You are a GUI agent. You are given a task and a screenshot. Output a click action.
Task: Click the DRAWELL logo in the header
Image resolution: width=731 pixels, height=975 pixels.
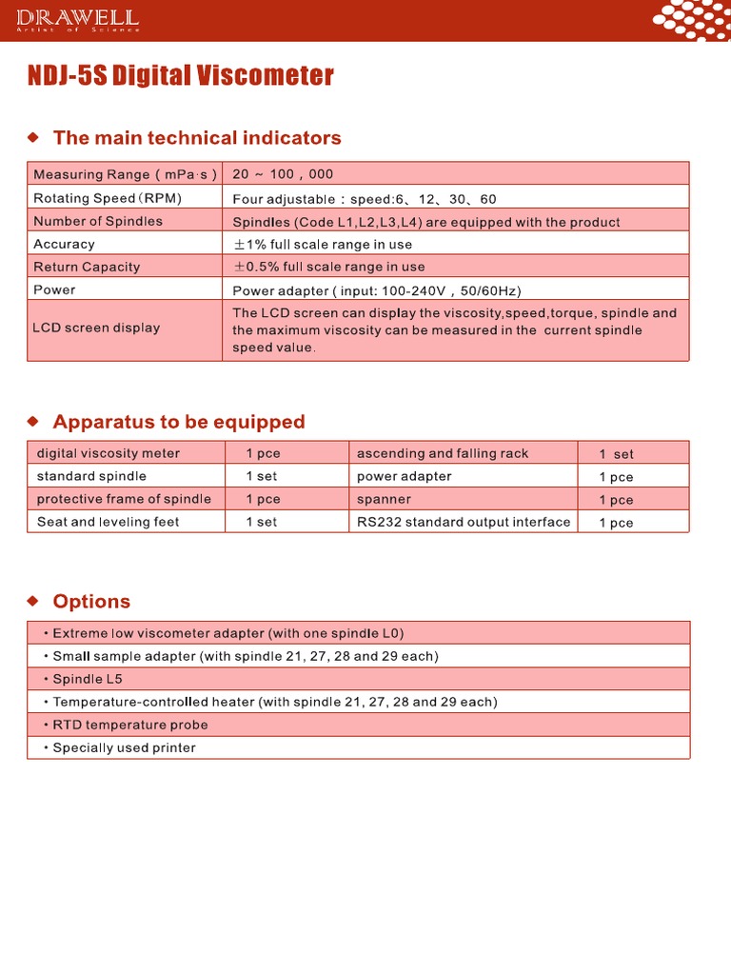click(78, 19)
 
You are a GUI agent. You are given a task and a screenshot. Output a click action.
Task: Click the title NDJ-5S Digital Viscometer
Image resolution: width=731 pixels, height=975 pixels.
click(181, 76)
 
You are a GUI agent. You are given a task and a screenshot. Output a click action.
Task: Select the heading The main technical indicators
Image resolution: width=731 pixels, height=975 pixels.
click(196, 138)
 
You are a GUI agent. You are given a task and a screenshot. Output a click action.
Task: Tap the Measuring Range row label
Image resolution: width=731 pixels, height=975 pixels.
click(125, 174)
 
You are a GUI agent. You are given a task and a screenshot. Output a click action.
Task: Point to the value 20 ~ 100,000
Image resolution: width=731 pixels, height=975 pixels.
click(283, 174)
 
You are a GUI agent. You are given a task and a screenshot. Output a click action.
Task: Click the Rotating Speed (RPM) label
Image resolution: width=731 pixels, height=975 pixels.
click(108, 198)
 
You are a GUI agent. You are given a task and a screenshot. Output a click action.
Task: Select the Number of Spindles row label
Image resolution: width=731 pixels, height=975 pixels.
click(98, 221)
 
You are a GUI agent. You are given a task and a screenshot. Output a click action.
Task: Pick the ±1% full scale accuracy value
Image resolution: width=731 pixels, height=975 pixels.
click(323, 245)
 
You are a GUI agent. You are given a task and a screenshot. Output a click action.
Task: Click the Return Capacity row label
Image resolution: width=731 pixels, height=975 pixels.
click(87, 268)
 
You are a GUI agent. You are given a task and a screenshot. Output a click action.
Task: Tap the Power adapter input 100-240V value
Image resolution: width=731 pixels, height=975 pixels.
click(377, 290)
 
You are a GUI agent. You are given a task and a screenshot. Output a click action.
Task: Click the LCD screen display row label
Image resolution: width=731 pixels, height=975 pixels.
click(96, 328)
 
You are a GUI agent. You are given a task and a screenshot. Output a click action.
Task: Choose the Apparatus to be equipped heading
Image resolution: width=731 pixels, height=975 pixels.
click(179, 422)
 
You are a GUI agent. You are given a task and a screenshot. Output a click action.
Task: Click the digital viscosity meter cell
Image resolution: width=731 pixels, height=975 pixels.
click(108, 453)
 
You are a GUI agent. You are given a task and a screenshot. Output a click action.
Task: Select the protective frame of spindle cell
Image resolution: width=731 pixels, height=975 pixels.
click(124, 499)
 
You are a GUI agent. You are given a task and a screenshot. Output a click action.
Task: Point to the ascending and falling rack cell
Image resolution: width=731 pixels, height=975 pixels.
click(442, 453)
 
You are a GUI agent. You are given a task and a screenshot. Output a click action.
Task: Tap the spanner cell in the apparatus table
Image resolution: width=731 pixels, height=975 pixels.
click(384, 499)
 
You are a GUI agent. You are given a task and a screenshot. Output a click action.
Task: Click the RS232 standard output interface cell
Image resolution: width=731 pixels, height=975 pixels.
click(464, 522)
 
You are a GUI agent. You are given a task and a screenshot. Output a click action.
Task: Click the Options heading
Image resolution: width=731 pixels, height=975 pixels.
click(91, 602)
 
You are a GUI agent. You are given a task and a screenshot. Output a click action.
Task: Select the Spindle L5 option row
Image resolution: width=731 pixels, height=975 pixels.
click(88, 679)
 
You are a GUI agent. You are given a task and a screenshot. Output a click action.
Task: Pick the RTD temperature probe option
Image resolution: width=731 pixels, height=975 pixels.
click(129, 725)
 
